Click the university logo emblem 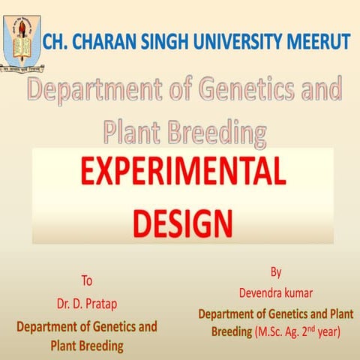(22, 37)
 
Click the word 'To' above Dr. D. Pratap (87, 281)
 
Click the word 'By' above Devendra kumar (275, 271)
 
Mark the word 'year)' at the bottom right (330, 332)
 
